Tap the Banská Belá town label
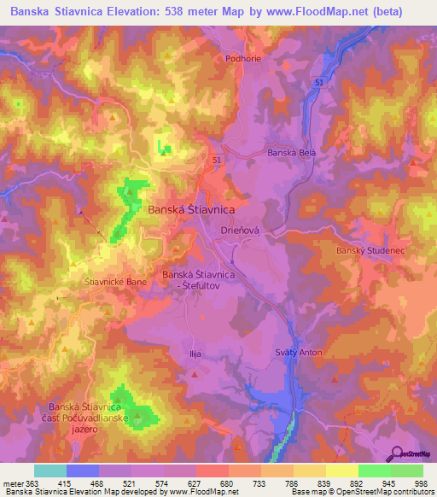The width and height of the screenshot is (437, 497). point(292,152)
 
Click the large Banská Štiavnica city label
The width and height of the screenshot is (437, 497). point(192,208)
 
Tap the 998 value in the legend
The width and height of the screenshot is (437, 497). point(422,484)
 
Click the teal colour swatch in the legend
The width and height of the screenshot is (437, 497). point(50,471)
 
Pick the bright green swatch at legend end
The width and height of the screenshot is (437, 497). point(406,471)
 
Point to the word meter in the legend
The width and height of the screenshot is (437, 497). point(13,484)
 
